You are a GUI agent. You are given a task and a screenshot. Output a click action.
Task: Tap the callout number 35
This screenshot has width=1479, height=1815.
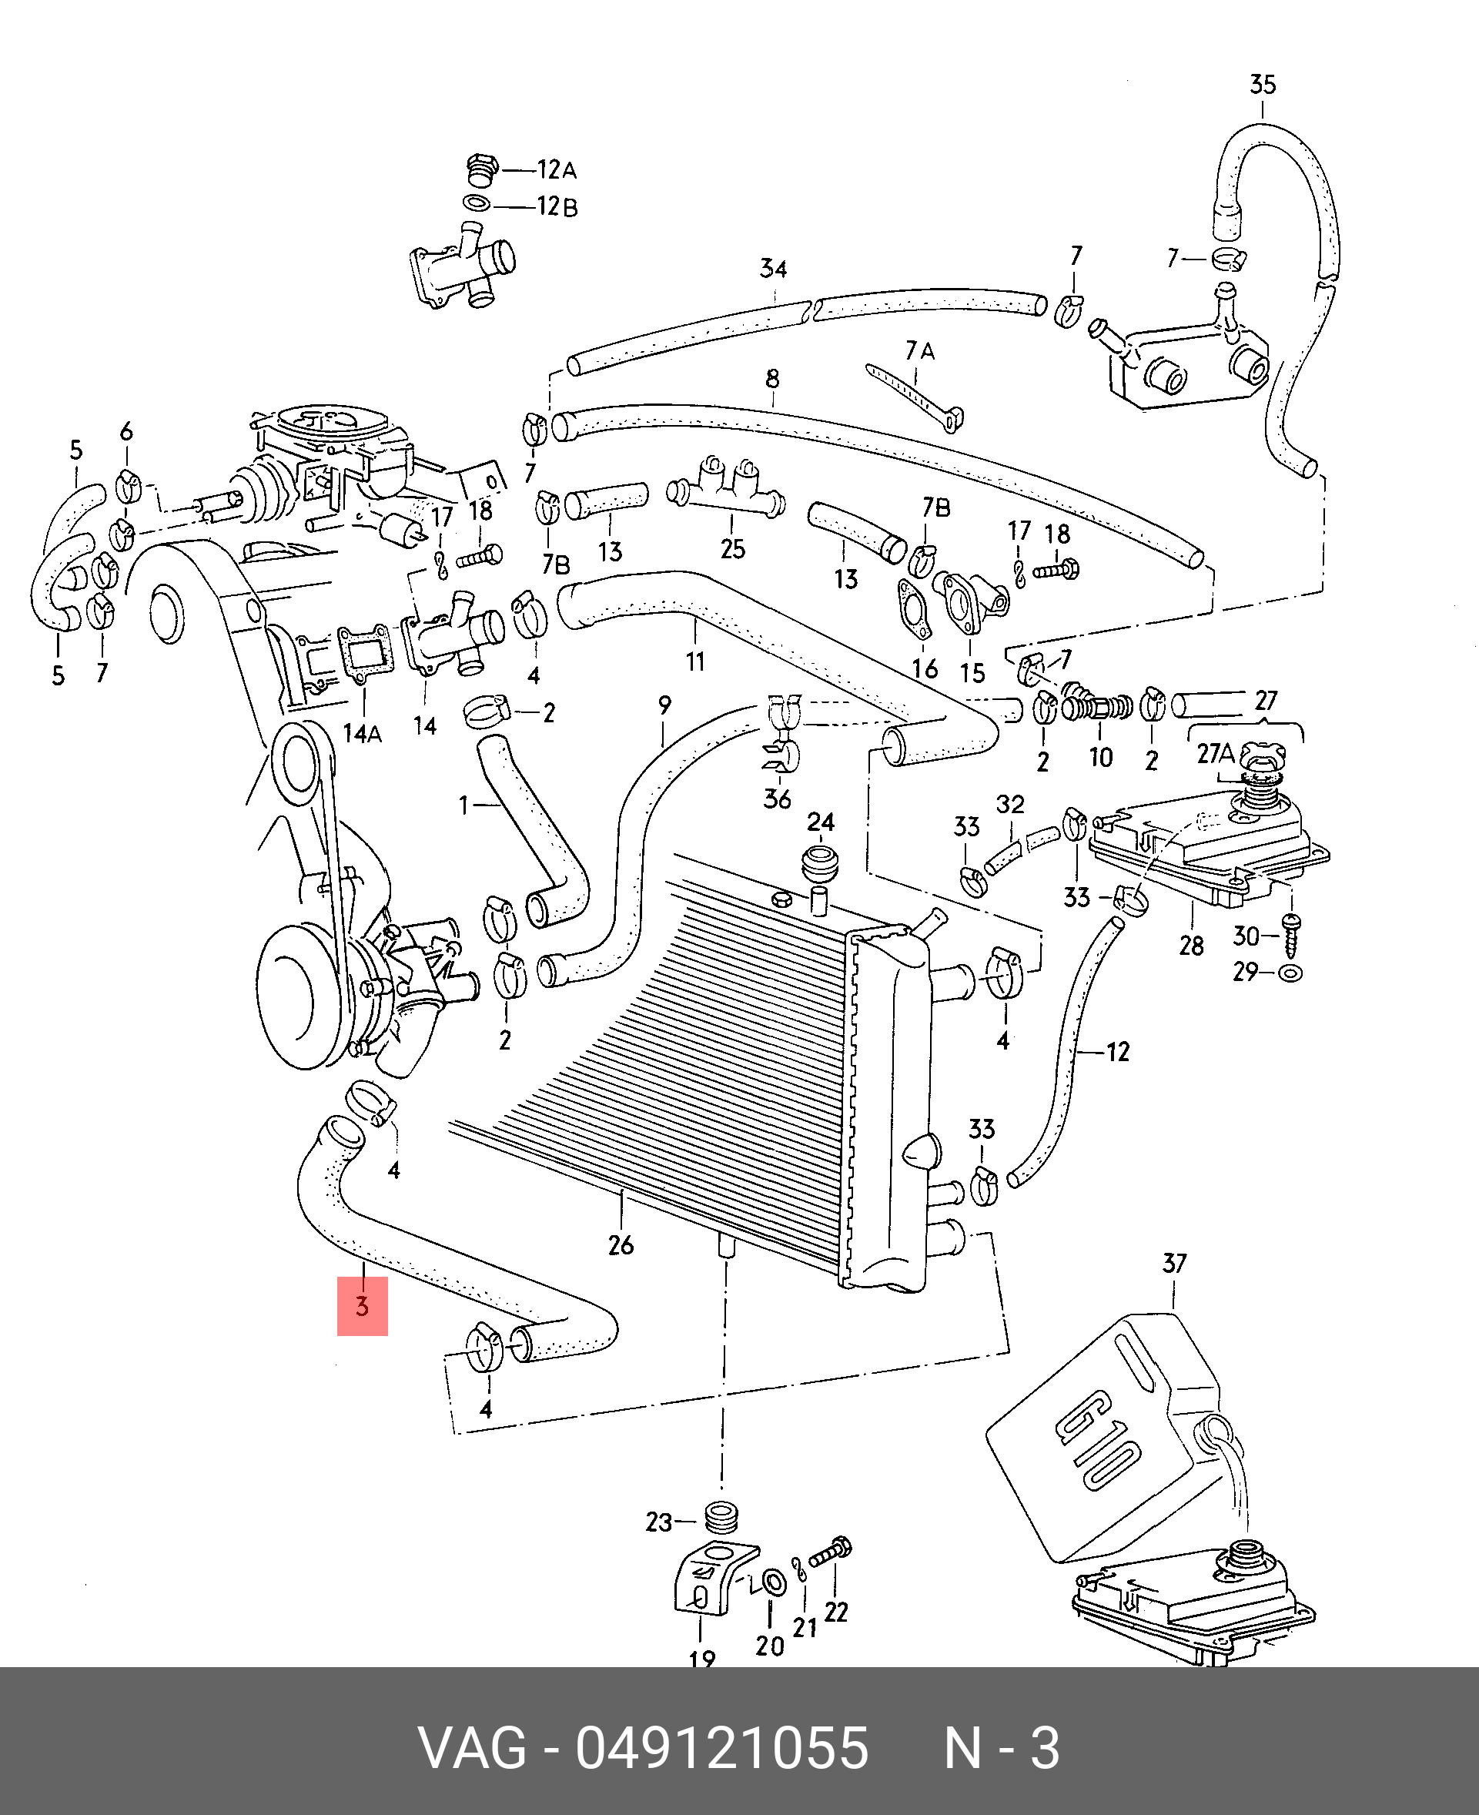tap(1263, 85)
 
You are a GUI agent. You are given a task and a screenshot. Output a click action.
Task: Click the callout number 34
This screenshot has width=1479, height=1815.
tap(773, 269)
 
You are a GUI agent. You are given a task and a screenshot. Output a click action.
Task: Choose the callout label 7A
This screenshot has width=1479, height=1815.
tap(920, 350)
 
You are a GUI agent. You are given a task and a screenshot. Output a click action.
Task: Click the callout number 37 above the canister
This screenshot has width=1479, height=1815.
tap(1174, 1263)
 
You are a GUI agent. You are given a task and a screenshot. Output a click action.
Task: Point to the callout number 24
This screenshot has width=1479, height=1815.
tap(821, 822)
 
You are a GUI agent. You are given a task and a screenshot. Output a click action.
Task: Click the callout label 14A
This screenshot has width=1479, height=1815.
tap(362, 733)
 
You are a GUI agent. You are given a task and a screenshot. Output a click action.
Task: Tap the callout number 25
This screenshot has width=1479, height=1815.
tap(733, 548)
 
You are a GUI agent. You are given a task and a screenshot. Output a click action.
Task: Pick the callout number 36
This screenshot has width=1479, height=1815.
tap(777, 799)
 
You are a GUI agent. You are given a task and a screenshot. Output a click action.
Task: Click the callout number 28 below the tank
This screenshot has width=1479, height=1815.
tap(1191, 945)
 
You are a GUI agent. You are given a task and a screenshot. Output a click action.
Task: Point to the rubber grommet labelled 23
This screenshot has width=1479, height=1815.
tap(721, 1517)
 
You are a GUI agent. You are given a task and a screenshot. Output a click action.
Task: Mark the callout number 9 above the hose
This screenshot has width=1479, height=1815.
tap(664, 705)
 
